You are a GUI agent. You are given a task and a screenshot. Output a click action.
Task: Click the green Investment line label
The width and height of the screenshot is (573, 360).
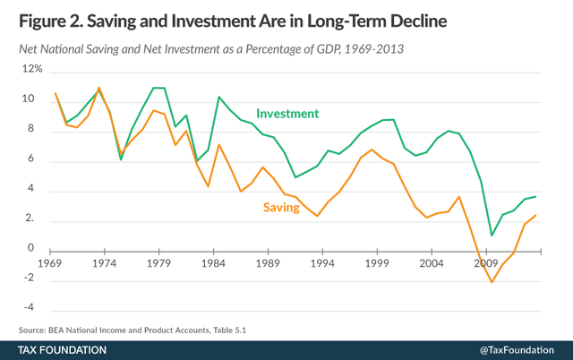pyautogui.click(x=287, y=114)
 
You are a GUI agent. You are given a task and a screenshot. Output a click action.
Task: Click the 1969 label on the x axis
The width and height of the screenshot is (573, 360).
pyautogui.click(x=56, y=265)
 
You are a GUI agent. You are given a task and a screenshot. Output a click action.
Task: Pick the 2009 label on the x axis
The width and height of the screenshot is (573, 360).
pyautogui.click(x=486, y=265)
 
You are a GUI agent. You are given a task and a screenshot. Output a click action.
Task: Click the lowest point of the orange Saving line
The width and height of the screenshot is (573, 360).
pyautogui.click(x=492, y=282)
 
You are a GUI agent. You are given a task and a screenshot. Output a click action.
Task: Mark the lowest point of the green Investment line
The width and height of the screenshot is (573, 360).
pyautogui.click(x=492, y=236)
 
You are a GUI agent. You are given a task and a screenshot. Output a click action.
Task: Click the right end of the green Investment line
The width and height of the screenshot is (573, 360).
pyautogui.click(x=536, y=196)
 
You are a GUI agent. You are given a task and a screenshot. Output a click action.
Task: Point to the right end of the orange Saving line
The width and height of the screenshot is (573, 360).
pyautogui.click(x=536, y=215)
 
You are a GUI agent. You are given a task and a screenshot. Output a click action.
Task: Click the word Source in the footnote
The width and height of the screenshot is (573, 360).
pyautogui.click(x=33, y=330)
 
